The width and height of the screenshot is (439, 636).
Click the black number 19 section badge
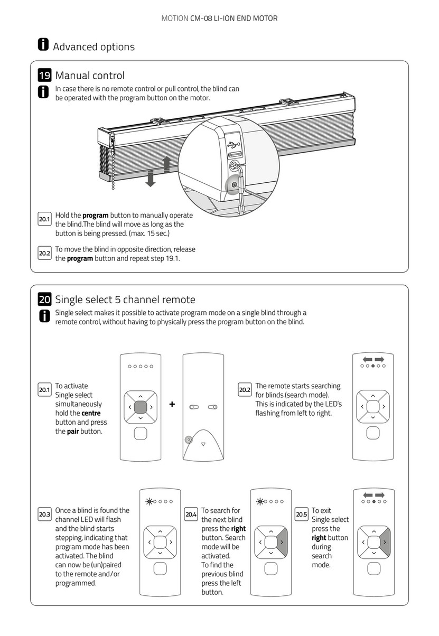tap(45, 76)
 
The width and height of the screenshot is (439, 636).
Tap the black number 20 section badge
tap(45, 300)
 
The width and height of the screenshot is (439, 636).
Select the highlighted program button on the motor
tap(233, 184)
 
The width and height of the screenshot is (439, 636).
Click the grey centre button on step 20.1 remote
tap(140, 407)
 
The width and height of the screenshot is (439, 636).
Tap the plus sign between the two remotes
tap(172, 405)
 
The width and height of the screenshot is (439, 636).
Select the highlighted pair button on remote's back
tap(189, 439)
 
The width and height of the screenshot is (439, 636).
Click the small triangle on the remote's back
tap(203, 445)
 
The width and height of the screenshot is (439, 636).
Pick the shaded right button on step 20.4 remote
tap(282, 542)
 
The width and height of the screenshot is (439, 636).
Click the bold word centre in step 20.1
tap(91, 413)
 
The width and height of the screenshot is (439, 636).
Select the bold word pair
tap(73, 431)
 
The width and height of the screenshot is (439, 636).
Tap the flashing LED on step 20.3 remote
tap(148, 501)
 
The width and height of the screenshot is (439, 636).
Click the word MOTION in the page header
tap(175, 18)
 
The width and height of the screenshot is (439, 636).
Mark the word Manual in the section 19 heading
tap(72, 76)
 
